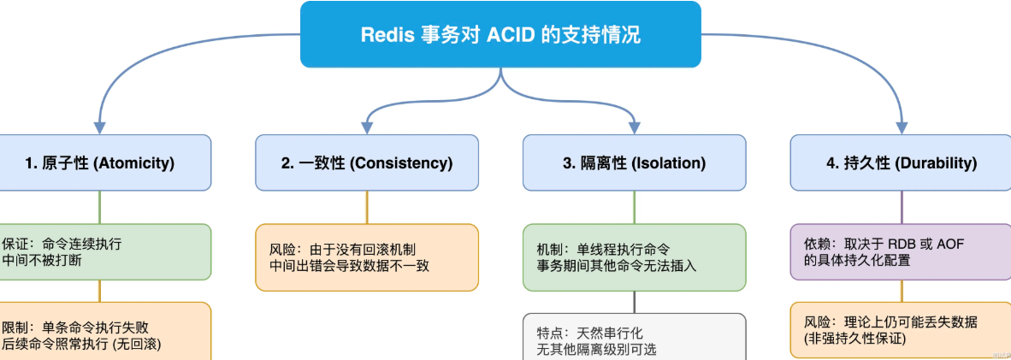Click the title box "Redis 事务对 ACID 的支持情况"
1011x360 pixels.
tap(500, 34)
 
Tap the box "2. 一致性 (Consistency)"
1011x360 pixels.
tap(367, 162)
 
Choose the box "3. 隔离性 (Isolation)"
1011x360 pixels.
tap(634, 162)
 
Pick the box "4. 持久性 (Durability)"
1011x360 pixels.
tap(902, 162)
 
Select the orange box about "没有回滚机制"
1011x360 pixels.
tap(367, 257)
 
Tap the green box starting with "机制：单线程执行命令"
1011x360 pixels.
tap(634, 257)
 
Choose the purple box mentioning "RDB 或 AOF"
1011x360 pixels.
tap(902, 251)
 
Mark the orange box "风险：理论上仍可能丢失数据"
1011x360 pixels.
tap(902, 330)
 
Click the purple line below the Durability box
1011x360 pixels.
tap(902, 206)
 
